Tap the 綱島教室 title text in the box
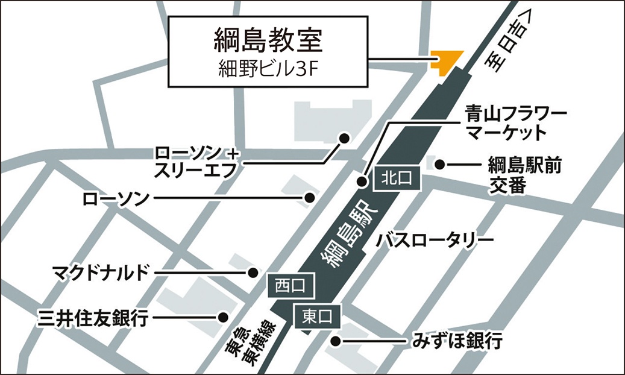(267, 40)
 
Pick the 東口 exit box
(316, 315)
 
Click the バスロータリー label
(435, 241)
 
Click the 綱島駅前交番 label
(524, 175)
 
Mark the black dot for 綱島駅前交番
(440, 163)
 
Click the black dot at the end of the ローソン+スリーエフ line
(345, 139)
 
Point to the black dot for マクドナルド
(254, 273)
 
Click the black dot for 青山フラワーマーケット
(363, 181)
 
